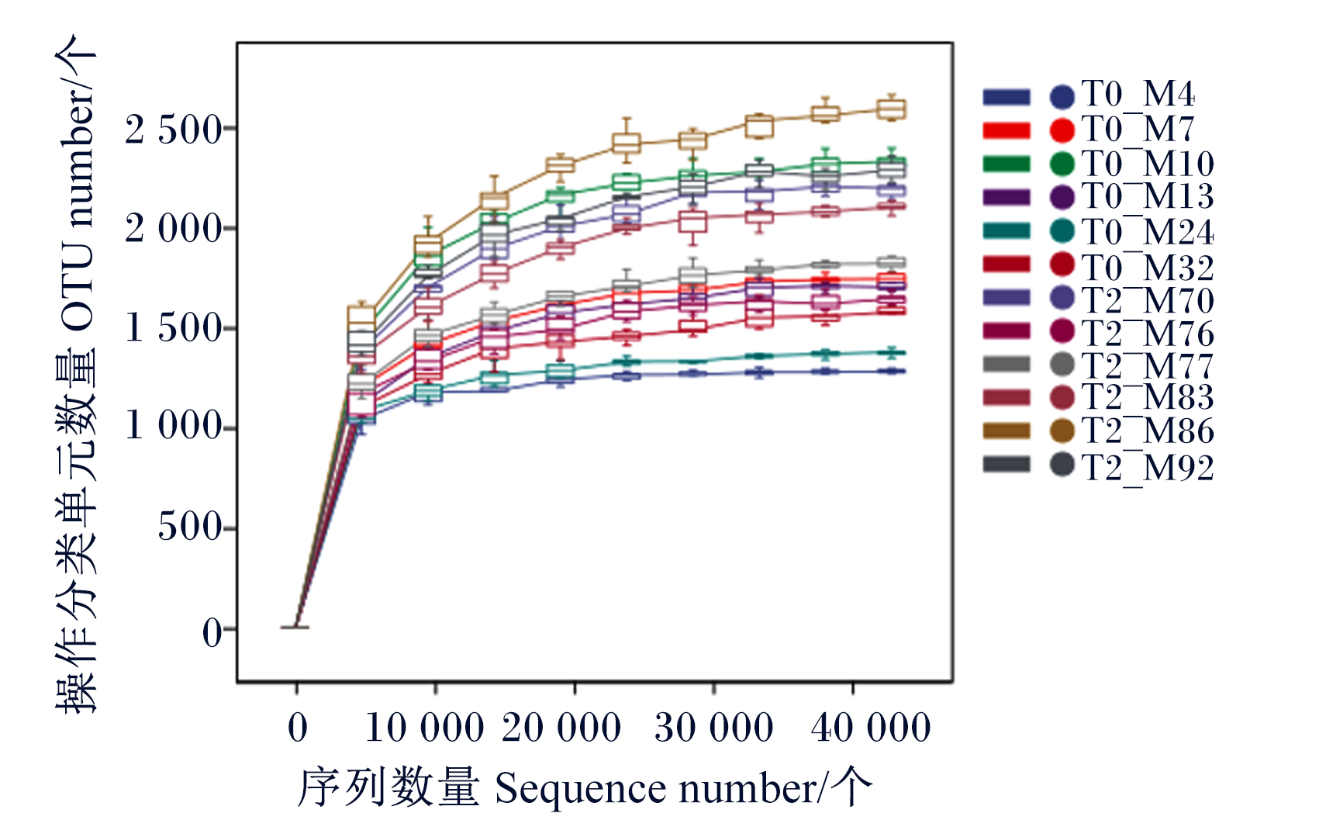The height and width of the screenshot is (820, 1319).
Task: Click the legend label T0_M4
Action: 1138,94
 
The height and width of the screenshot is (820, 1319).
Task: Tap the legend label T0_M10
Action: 1148,163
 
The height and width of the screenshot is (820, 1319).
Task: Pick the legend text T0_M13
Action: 1148,196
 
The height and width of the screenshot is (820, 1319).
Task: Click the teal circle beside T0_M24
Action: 1062,230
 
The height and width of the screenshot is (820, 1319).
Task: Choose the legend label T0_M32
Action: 1148,268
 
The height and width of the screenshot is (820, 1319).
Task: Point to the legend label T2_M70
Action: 1148,301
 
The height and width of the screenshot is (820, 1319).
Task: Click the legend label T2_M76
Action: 1148,334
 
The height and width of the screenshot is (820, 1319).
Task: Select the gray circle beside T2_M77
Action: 1062,365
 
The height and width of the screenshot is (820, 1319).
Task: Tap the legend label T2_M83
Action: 1148,397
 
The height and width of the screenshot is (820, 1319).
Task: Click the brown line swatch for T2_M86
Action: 1007,431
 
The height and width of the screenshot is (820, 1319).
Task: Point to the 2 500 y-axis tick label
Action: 173,130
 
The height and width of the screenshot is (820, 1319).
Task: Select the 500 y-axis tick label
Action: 190,527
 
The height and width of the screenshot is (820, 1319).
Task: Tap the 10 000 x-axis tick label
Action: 425,728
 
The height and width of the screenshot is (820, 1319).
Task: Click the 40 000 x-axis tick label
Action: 870,728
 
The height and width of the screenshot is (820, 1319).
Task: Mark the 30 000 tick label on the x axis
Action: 713,728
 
